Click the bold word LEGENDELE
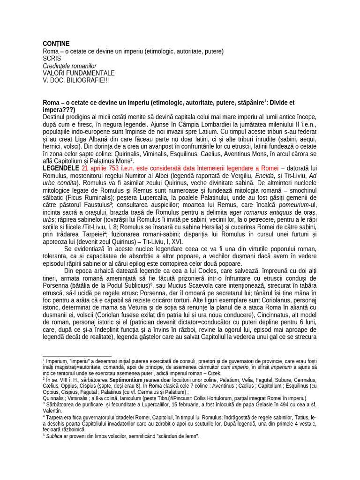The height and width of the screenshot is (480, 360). click(61, 168)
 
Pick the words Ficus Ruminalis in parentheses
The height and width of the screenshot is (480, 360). click(92, 198)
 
